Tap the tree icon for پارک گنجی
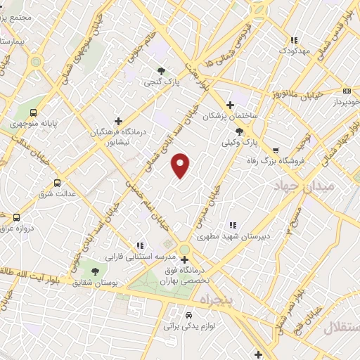[162, 70]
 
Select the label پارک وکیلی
[240, 143]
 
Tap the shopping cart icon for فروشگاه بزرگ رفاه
[275, 150]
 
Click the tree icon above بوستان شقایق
[95, 272]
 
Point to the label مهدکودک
[294, 51]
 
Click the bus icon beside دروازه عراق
[16, 218]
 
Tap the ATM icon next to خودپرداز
[347, 91]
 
